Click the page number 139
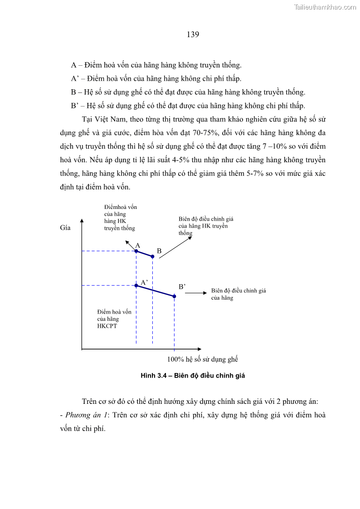click(x=193, y=34)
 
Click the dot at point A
click(x=136, y=251)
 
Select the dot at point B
click(x=152, y=257)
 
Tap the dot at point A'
click(x=136, y=286)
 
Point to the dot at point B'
click(x=174, y=296)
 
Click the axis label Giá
click(x=65, y=228)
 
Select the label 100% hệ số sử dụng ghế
click(x=203, y=359)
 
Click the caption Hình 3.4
click(x=154, y=376)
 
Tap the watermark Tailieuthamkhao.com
click(x=325, y=7)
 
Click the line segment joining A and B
click(x=144, y=254)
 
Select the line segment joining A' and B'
click(x=155, y=291)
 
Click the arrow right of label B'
click(x=196, y=293)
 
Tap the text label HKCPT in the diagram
click(x=107, y=326)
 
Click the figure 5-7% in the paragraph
click(x=252, y=174)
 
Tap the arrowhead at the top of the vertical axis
click(x=82, y=221)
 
